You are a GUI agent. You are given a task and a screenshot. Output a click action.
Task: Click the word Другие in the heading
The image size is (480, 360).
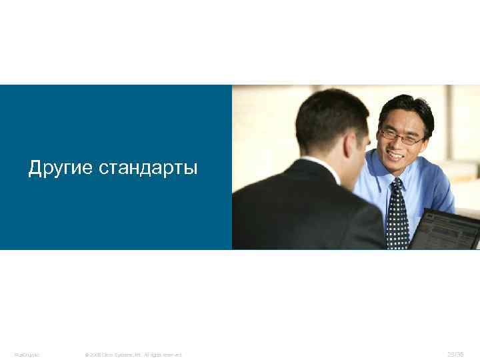61,168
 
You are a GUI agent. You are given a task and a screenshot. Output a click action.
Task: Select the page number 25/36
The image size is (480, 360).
457,354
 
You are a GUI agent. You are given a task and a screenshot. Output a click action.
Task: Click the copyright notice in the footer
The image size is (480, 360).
133,355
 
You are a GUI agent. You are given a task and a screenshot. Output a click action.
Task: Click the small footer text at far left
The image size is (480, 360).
27,355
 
